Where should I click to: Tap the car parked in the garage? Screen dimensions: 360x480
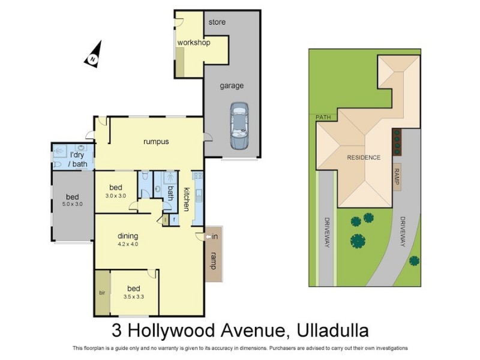click(239, 125)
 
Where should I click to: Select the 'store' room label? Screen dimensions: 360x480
click(217, 22)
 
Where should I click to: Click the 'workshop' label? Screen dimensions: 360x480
click(193, 43)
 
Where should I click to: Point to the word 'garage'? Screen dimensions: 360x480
click(231, 85)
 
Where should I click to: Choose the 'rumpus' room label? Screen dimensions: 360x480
click(155, 142)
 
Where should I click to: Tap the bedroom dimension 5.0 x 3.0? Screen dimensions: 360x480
click(72, 204)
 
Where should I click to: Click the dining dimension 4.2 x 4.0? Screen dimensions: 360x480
click(128, 244)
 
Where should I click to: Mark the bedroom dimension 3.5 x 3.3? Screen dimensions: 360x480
click(133, 296)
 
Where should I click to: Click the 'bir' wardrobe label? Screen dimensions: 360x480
click(102, 293)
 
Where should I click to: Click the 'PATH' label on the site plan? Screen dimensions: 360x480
click(323, 118)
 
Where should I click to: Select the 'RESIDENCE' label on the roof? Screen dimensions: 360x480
click(364, 157)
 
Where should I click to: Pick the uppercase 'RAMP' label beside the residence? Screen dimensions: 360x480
click(397, 177)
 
